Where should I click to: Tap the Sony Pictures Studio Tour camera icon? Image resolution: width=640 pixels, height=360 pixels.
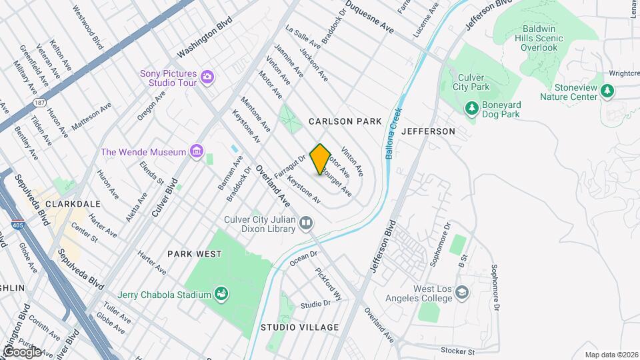pos(207,77)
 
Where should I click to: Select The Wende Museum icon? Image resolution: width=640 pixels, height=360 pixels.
pos(196,152)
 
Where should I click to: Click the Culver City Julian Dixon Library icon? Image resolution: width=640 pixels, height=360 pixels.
pos(306,223)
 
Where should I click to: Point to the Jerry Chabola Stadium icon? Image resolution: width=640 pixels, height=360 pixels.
pos(221,294)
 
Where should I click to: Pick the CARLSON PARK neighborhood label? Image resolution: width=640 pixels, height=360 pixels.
pos(345,121)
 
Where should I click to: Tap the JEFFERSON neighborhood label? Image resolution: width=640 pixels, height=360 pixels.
pos(427,131)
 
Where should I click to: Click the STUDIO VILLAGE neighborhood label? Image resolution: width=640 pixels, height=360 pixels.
pos(299,327)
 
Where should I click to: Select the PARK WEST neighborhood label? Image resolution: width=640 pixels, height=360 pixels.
pos(194,254)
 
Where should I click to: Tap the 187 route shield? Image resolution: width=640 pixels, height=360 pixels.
pos(39,103)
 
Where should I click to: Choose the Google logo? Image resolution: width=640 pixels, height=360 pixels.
pos(21,351)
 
